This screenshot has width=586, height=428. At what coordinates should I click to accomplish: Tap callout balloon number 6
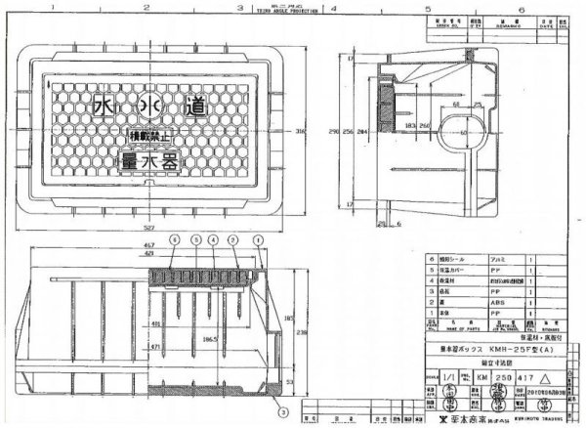pos(174,239)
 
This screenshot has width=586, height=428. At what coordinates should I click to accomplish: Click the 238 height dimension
pos(302,332)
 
